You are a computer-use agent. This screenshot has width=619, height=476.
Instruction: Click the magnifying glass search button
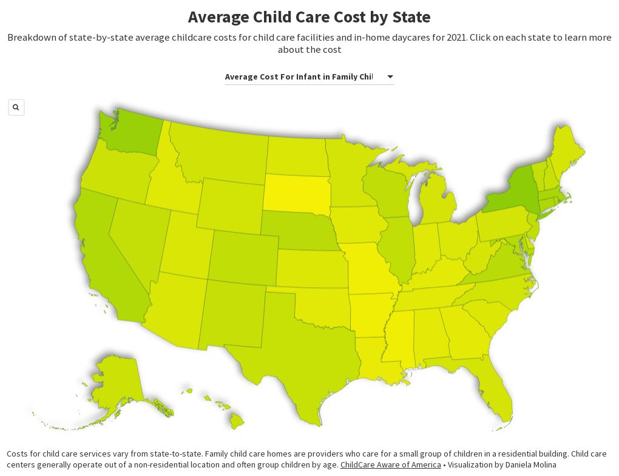click(x=16, y=107)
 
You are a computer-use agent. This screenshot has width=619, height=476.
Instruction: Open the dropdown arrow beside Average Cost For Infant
click(x=390, y=76)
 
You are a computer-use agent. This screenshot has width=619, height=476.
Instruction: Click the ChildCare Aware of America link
click(x=390, y=464)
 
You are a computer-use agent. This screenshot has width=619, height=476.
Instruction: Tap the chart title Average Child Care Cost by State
click(x=309, y=17)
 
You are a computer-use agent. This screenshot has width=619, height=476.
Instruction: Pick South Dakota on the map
click(x=297, y=193)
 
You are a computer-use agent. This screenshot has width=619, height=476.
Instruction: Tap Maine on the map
click(x=567, y=152)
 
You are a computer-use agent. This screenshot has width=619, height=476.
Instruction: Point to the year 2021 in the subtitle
click(x=456, y=38)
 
